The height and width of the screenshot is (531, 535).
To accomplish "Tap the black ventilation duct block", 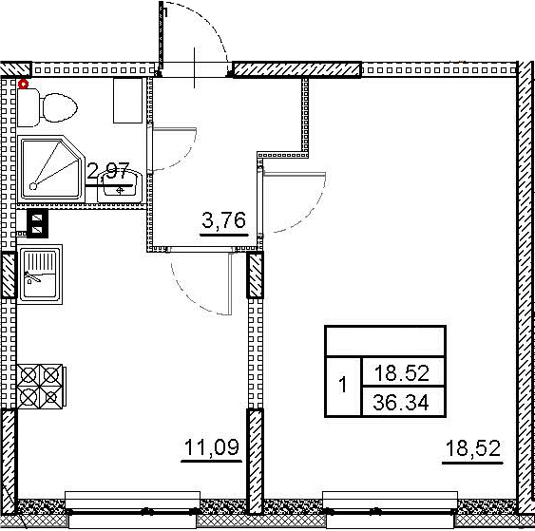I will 37,225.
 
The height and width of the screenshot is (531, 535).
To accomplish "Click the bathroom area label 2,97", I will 107,173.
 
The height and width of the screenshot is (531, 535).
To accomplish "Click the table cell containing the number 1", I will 343,388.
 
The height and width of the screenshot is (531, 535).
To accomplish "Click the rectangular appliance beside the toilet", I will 126,102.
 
